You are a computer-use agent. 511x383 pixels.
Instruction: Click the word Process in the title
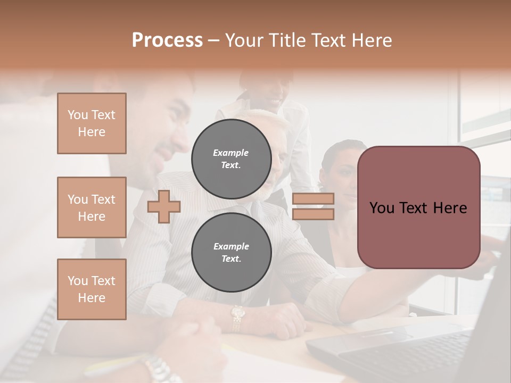167,40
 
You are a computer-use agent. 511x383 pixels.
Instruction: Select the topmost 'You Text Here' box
92,123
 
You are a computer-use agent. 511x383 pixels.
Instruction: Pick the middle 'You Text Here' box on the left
92,207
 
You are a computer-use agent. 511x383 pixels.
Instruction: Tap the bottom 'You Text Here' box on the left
92,289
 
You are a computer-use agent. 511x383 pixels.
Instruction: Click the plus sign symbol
164,206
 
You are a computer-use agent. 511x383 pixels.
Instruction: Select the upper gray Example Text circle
231,159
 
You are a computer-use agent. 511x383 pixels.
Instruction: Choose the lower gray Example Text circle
231,252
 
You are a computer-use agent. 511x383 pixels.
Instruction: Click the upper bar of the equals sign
313,199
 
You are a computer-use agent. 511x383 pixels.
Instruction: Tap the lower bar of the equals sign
313,214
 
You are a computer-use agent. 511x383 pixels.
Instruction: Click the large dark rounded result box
418,207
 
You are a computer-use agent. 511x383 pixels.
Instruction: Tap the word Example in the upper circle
230,153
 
